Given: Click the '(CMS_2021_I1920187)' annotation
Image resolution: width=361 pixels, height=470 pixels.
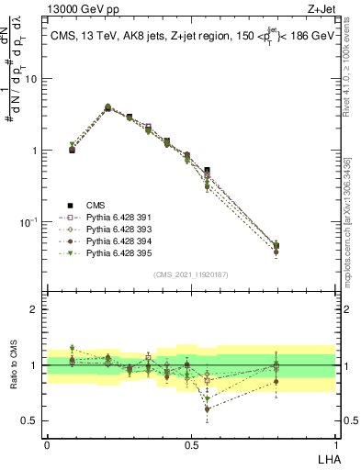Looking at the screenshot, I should (x=191, y=274).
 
